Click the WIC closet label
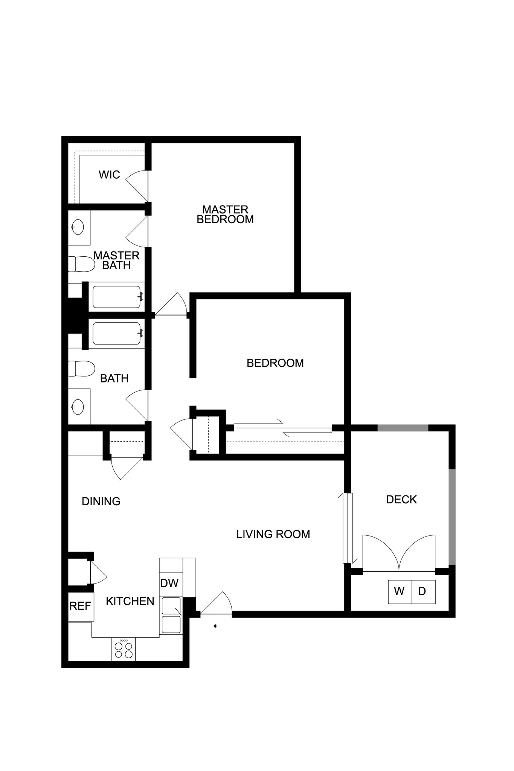click(109, 175)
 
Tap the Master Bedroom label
click(225, 214)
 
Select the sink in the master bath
click(78, 227)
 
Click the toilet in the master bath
click(81, 264)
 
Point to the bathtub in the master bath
click(117, 297)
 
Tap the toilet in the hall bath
click(81, 369)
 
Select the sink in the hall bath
click(78, 407)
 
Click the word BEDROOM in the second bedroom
click(275, 363)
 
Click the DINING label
click(101, 501)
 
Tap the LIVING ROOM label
click(273, 534)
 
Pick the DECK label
click(401, 500)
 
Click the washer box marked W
click(400, 592)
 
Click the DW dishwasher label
click(169, 583)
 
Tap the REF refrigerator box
click(81, 606)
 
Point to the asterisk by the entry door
click(215, 626)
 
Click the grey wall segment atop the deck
click(403, 428)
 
